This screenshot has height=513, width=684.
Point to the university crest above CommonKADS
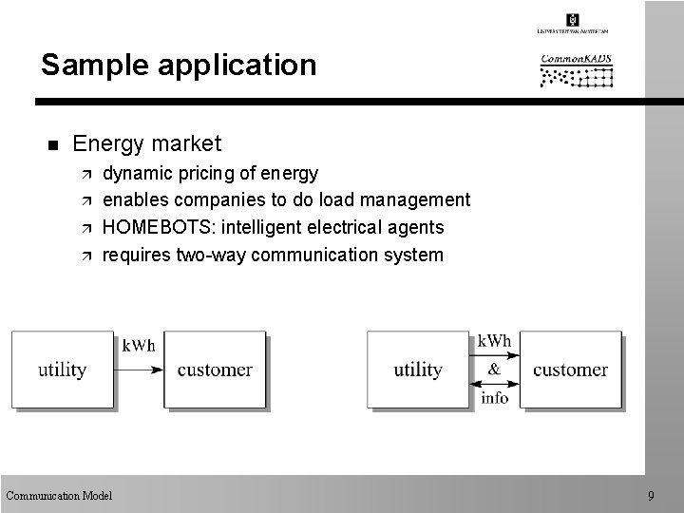point(572,20)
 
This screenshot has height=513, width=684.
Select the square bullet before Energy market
point(52,145)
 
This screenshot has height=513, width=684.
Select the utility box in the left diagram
point(63,370)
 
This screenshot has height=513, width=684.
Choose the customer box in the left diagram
point(215,370)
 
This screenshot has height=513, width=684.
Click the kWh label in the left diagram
point(140,344)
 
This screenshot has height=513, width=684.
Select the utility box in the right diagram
point(418,370)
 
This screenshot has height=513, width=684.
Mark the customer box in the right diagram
point(570,370)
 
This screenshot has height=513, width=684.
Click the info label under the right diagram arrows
point(494,398)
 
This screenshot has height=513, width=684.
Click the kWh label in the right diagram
point(494,340)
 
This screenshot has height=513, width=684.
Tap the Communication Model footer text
point(59,495)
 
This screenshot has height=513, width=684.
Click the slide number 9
point(651,495)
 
